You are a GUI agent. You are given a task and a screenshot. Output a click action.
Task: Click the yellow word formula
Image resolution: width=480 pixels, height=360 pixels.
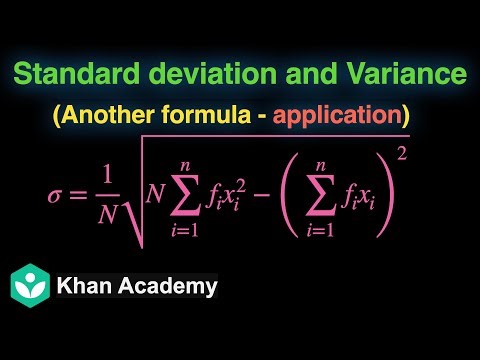[225, 114]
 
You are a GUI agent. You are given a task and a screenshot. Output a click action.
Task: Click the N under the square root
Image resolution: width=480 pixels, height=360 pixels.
[155, 191]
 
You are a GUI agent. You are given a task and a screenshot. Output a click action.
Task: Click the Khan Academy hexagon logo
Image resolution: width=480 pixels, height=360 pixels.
[32, 286]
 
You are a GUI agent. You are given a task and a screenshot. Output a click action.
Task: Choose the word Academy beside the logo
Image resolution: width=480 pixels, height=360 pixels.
[171, 286]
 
